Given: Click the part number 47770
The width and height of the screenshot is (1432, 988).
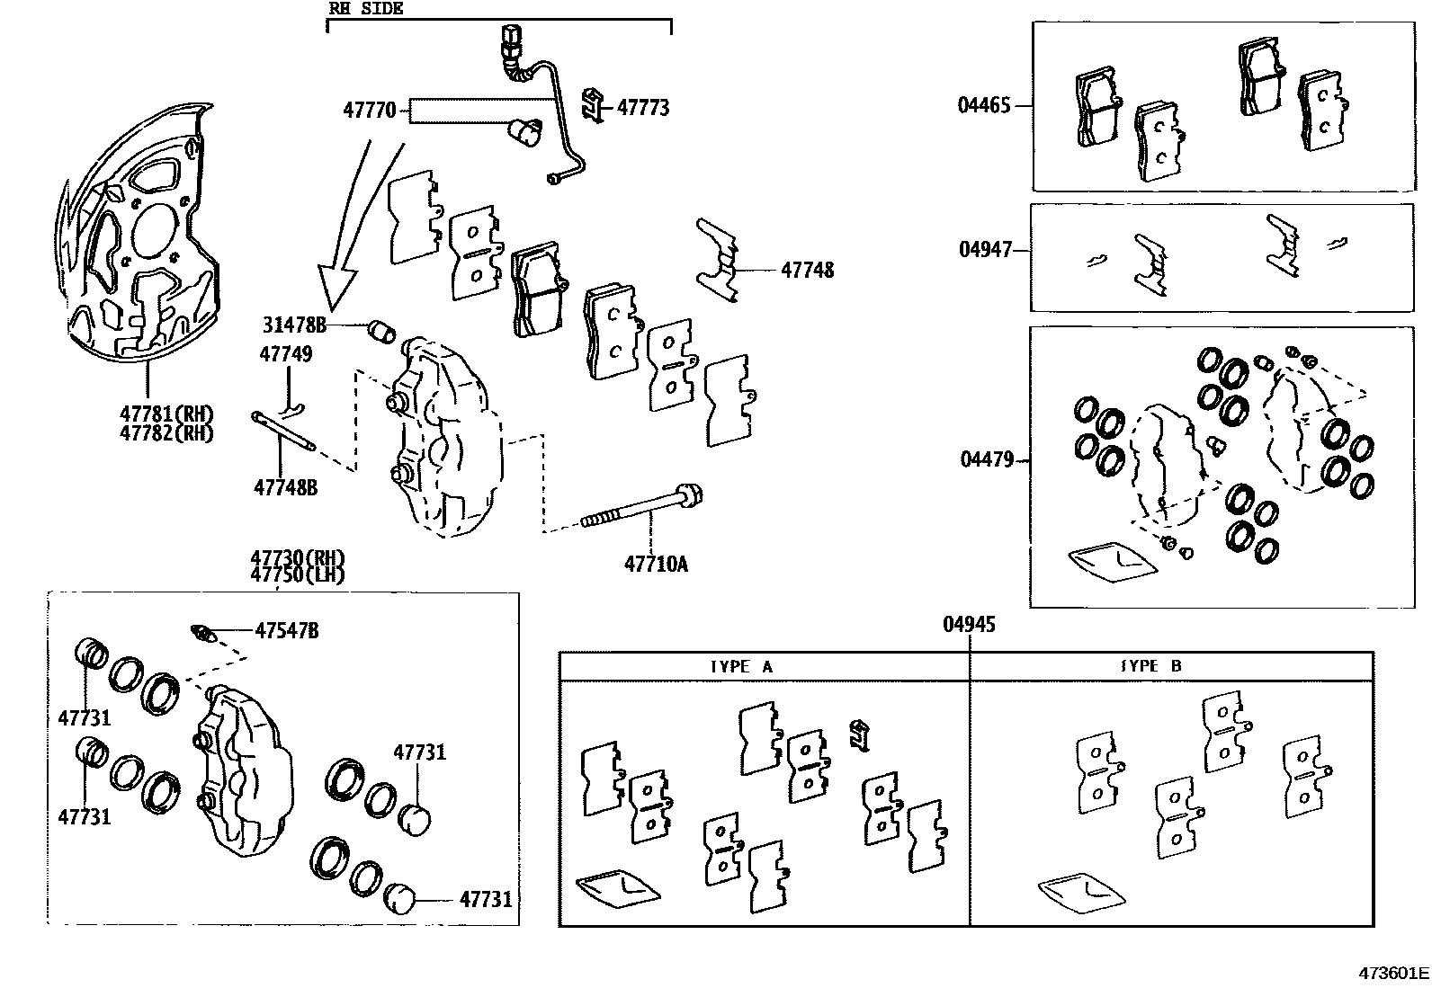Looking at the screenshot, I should [369, 111].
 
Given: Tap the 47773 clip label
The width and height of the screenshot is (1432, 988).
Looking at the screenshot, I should [643, 108].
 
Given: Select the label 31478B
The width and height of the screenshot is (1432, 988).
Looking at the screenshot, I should [294, 325].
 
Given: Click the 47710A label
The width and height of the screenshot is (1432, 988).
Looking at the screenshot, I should [657, 565].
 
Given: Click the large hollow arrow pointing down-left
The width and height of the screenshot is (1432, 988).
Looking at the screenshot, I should [346, 243].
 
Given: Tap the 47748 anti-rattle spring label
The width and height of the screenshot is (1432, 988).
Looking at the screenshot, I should [807, 270].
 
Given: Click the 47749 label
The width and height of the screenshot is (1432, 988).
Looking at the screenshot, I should [286, 354].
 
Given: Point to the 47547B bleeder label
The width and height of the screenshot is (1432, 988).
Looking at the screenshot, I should [286, 630].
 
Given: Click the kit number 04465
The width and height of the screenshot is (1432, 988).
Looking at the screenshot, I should [984, 105].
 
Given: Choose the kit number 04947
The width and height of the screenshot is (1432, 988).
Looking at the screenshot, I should [985, 249].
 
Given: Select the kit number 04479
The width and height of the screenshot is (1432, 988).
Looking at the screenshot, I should [987, 459].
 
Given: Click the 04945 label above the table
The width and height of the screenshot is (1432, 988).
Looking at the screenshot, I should [969, 624].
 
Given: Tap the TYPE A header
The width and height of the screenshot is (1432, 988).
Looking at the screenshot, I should [741, 666].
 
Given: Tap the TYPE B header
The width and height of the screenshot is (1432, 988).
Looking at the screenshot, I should [1150, 666].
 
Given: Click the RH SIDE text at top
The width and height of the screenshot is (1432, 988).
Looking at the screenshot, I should [366, 9].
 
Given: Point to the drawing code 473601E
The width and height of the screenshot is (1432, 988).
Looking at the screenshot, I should [1393, 973].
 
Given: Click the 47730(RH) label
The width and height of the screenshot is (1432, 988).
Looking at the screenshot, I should [297, 558].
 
